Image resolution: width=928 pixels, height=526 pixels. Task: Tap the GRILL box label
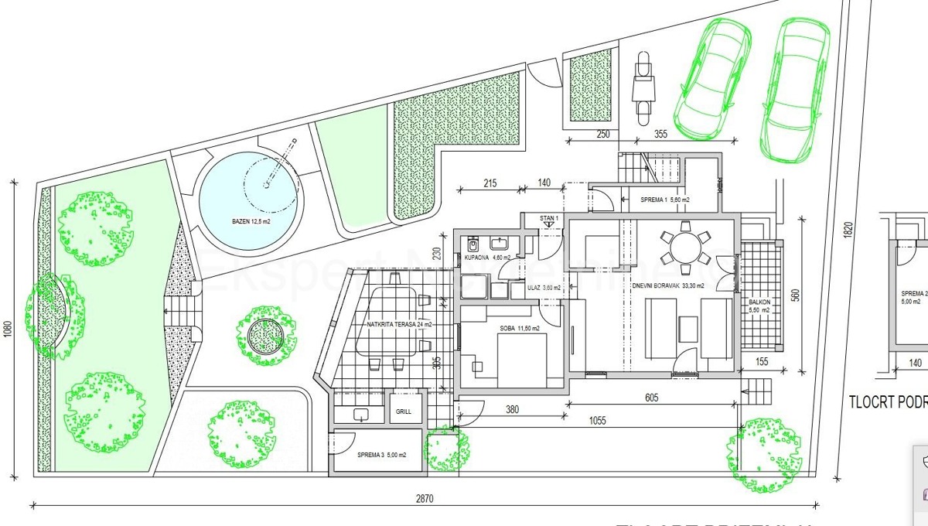pyautogui.click(x=404, y=412)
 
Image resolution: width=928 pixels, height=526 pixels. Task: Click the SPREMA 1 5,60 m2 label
pyautogui.click(x=665, y=200)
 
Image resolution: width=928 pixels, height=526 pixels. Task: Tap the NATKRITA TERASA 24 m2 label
pyautogui.click(x=400, y=324)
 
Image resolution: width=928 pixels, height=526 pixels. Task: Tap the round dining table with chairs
pyautogui.click(x=684, y=248)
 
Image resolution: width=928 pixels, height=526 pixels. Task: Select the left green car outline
pyautogui.click(x=713, y=77)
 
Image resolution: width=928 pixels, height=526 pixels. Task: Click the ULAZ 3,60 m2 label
pyautogui.click(x=539, y=287)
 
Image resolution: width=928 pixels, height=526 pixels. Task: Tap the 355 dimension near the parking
pyautogui.click(x=660, y=134)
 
